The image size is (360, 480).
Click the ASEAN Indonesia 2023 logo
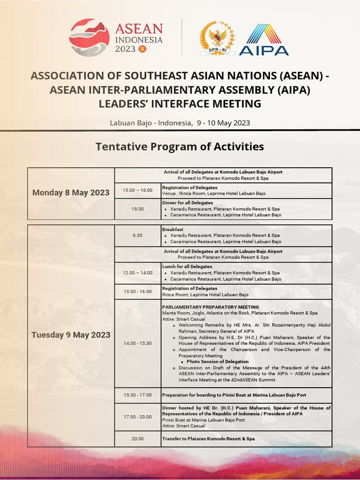pyautogui.click(x=117, y=38)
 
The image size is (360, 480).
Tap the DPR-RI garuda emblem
pyautogui.click(x=217, y=37)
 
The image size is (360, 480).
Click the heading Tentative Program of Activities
pyautogui.click(x=180, y=147)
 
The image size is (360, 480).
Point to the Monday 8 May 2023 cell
pyautogui.click(x=71, y=193)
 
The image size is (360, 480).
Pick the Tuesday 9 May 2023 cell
pyautogui.click(x=71, y=335)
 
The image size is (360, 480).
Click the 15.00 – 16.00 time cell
pyautogui.click(x=137, y=190)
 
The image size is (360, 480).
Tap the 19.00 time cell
pyautogui.click(x=137, y=209)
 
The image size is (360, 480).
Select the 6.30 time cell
pyautogui.click(x=137, y=235)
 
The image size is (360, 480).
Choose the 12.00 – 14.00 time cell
pyautogui.click(x=137, y=273)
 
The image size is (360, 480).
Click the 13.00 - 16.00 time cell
pyautogui.click(x=137, y=292)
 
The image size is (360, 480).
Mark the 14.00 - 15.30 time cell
pyautogui.click(x=137, y=343)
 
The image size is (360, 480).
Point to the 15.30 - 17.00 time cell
pyautogui.click(x=137, y=395)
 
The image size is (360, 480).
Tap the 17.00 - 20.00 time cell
pyautogui.click(x=137, y=417)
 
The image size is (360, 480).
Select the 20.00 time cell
pyautogui.click(x=137, y=439)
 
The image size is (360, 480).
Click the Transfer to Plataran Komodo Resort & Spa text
pyautogui.click(x=208, y=439)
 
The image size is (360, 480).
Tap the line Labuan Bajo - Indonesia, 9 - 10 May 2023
pyautogui.click(x=180, y=123)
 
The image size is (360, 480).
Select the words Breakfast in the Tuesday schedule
pyautogui.click(x=172, y=229)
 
